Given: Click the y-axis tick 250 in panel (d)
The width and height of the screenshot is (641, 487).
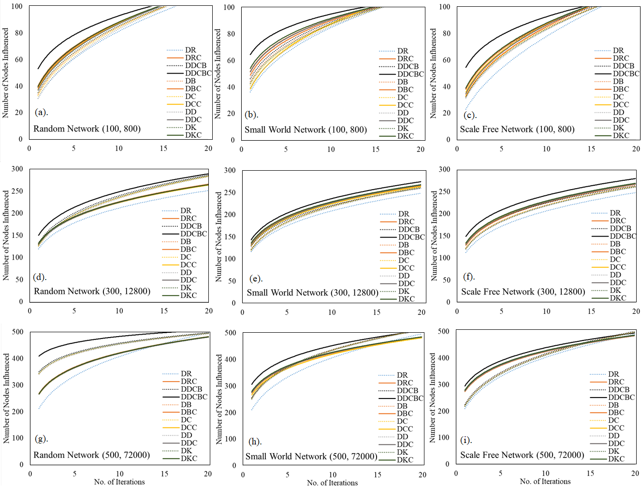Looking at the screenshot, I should (x=17, y=191).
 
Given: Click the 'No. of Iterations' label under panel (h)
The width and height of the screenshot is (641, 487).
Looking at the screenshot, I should (x=332, y=483).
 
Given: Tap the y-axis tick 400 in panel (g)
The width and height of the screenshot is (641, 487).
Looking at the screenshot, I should (x=18, y=358).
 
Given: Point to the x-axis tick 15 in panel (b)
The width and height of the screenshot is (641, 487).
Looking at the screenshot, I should (x=376, y=149).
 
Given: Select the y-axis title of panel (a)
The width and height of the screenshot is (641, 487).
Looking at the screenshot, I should (x=6, y=73).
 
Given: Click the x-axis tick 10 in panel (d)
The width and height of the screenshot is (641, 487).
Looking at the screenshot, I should (x=119, y=311).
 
